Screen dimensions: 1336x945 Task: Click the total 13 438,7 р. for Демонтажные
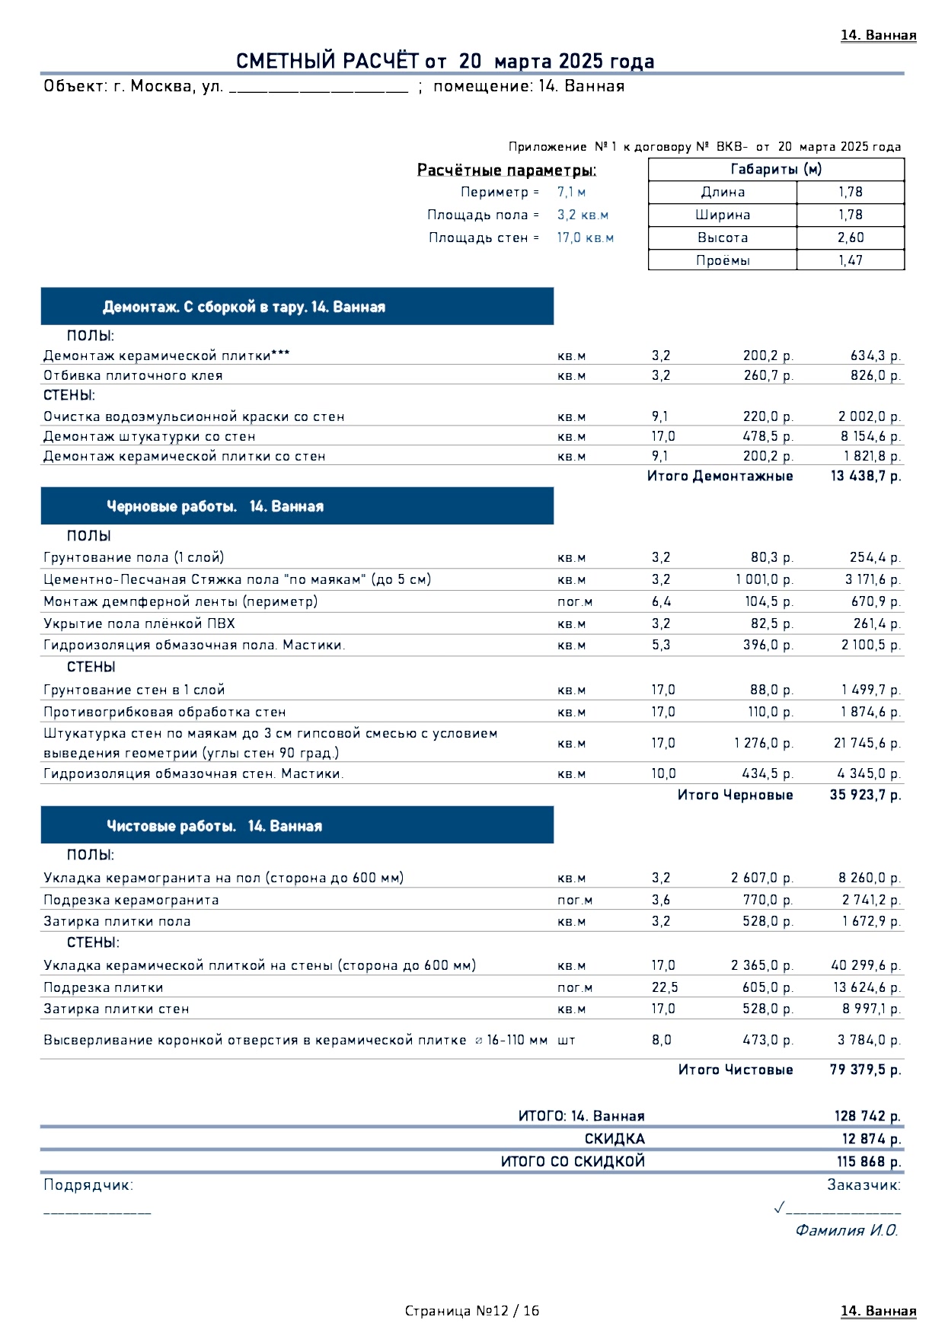(x=865, y=477)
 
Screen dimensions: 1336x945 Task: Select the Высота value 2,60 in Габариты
(x=851, y=238)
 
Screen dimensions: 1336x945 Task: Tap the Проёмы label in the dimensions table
(x=723, y=260)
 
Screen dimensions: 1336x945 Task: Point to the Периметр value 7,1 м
(x=571, y=193)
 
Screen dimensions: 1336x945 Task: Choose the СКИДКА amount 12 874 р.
(x=871, y=1140)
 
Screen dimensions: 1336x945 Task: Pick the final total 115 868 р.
(x=869, y=1162)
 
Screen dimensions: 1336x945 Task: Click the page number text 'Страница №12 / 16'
(x=472, y=1311)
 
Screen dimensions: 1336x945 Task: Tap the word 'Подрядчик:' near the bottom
(x=88, y=1185)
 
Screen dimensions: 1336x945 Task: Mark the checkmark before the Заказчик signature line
(x=779, y=1207)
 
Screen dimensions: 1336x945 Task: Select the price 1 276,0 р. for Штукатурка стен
(x=764, y=743)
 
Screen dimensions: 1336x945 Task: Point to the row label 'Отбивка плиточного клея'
(x=133, y=376)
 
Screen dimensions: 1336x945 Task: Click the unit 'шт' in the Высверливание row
(x=567, y=1041)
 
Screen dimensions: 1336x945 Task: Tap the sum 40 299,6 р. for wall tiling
(x=866, y=965)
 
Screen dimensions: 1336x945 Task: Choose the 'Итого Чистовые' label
(x=736, y=1070)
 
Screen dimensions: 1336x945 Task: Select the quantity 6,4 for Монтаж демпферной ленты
(x=661, y=602)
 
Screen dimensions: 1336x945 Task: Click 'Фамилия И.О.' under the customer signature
(x=847, y=1231)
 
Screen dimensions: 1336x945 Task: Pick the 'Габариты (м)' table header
(x=776, y=170)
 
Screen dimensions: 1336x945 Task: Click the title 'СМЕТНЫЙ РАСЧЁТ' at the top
(x=327, y=62)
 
